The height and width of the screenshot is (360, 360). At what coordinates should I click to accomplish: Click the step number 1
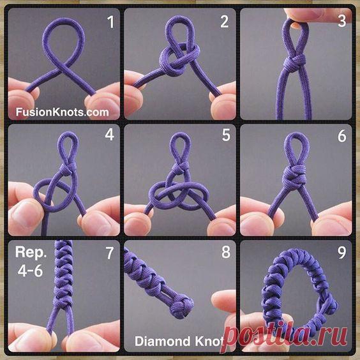click(x=111, y=22)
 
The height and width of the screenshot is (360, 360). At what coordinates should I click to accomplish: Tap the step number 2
click(x=225, y=22)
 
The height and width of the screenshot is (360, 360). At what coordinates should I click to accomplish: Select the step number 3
click(x=342, y=21)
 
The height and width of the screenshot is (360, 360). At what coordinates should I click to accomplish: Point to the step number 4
click(x=110, y=135)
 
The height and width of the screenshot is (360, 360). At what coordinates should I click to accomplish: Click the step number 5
click(x=226, y=135)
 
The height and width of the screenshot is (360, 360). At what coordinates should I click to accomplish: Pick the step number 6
click(x=342, y=136)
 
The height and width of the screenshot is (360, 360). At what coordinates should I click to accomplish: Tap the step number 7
click(x=110, y=253)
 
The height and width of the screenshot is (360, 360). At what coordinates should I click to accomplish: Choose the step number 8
click(x=226, y=252)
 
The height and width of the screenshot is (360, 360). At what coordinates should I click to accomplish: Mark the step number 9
click(x=342, y=253)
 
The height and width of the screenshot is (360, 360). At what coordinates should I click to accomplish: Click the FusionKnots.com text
click(x=62, y=112)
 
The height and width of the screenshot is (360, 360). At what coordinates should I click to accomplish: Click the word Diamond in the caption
click(x=163, y=341)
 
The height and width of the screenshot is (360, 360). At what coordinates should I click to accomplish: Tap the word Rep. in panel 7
click(x=31, y=253)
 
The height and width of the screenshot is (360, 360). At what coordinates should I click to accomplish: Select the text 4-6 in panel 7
click(x=30, y=271)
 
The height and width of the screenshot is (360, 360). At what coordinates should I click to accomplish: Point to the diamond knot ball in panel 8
click(x=181, y=307)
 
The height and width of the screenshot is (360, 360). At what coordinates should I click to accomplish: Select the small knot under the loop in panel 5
click(x=181, y=168)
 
